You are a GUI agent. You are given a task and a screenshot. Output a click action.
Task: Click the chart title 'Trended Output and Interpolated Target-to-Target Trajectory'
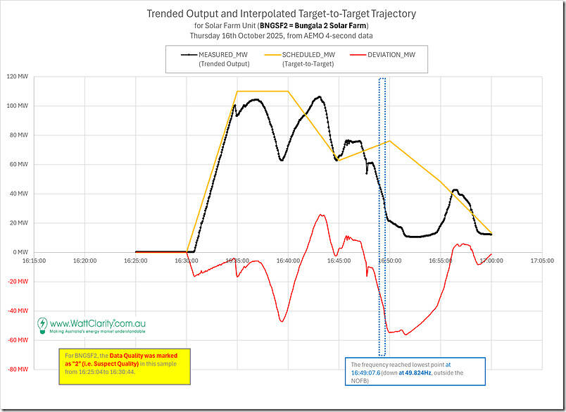(282, 13)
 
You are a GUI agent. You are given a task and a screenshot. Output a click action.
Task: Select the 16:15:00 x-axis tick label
(34, 261)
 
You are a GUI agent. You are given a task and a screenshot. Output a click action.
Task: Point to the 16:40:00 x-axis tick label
(288, 261)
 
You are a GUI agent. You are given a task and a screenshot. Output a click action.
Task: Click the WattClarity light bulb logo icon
(43, 325)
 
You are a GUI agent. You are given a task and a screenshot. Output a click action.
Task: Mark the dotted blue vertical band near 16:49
(382, 211)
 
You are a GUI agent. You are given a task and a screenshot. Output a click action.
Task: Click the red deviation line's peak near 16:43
(320, 216)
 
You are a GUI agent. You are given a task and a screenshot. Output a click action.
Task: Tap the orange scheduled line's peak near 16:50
(389, 141)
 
